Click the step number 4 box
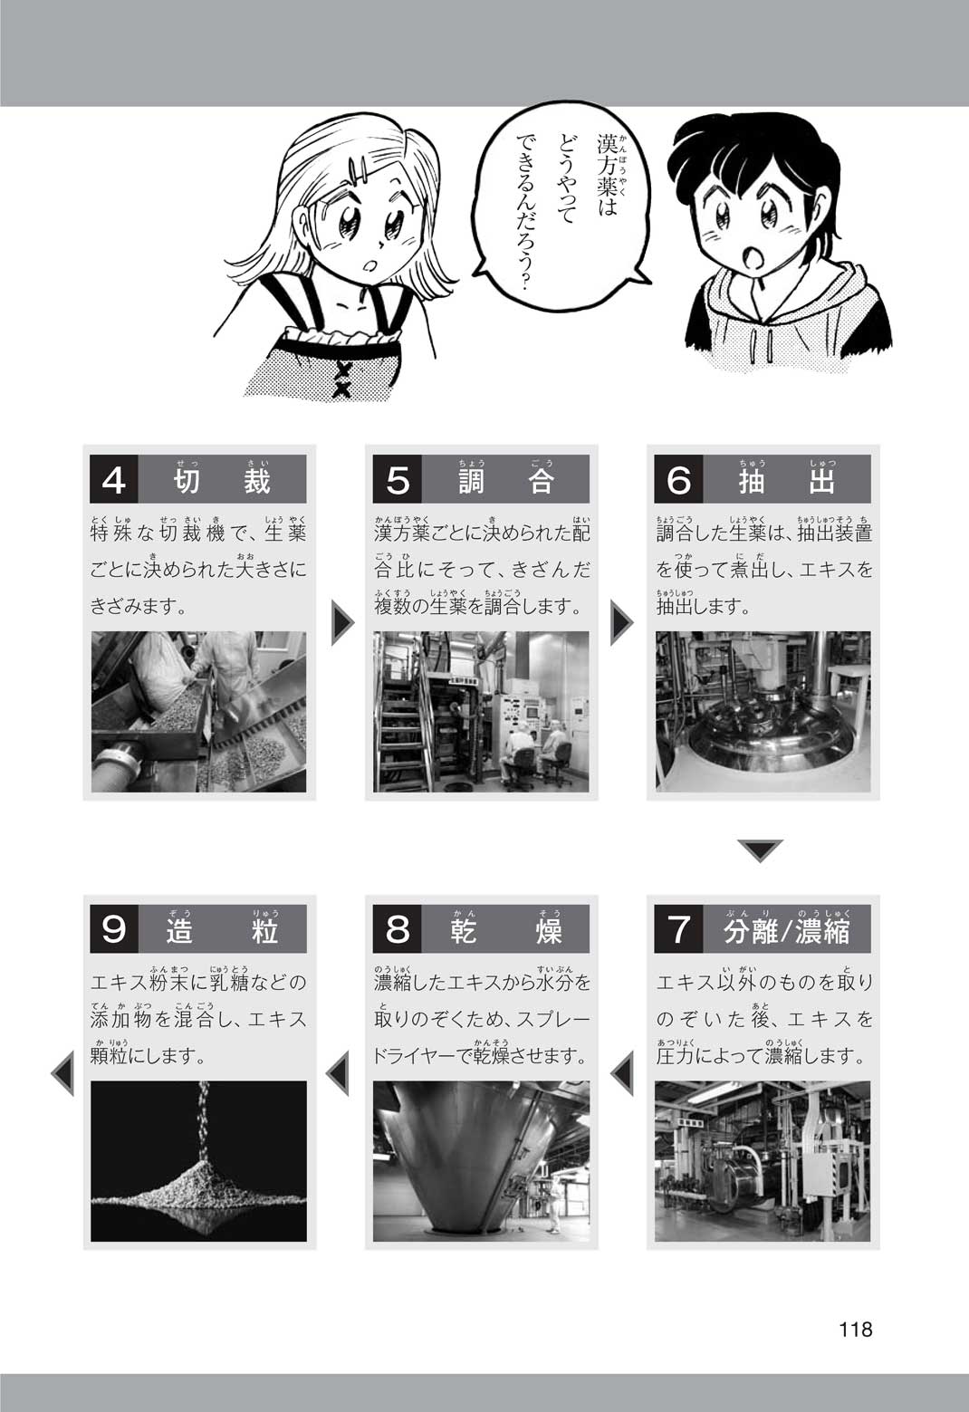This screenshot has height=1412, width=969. pos(113,480)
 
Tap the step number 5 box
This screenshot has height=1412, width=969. pos(397,480)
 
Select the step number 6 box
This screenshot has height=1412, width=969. pos(678,480)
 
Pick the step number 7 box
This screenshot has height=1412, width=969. pos(678,929)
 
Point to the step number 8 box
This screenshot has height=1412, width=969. pos(397,929)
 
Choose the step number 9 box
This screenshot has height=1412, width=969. pos(113,929)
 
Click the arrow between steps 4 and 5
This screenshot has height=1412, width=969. pos(343,623)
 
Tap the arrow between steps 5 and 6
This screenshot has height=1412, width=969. pos(621,623)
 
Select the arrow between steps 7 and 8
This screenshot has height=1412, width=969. pos(622,1072)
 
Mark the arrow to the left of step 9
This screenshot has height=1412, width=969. pos(62,1072)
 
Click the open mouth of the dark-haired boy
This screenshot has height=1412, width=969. pos(753,257)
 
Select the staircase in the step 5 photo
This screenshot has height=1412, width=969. pos(401,731)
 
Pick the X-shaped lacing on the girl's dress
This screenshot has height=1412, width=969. pos(343,376)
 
